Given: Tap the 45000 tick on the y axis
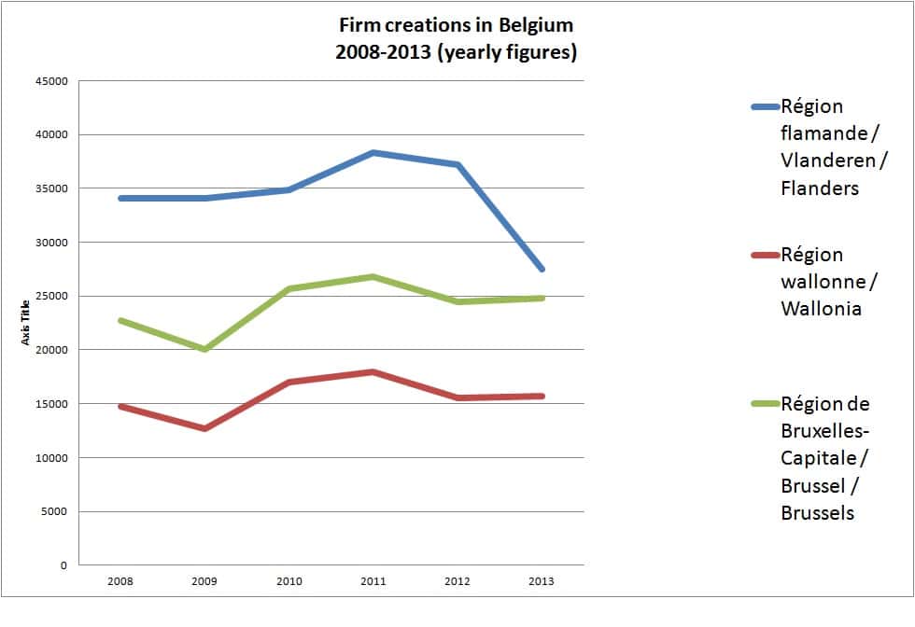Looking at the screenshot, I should click(51, 81).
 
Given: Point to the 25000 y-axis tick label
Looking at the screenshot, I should click(51, 297).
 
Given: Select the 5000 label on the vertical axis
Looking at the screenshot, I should click(54, 512).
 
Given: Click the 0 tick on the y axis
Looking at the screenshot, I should click(63, 565).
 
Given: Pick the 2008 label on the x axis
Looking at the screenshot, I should click(120, 581).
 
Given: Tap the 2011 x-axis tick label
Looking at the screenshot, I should click(373, 581).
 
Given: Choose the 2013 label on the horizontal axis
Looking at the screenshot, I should click(541, 581).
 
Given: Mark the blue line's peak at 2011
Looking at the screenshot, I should click(373, 152).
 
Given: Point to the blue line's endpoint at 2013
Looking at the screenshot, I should click(541, 269).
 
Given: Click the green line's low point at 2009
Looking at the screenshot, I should click(204, 349).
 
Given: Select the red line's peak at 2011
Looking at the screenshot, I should click(373, 372).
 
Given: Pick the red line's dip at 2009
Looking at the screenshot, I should click(204, 428).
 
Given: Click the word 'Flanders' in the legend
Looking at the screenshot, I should click(819, 188).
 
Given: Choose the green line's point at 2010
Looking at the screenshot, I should click(289, 289).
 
